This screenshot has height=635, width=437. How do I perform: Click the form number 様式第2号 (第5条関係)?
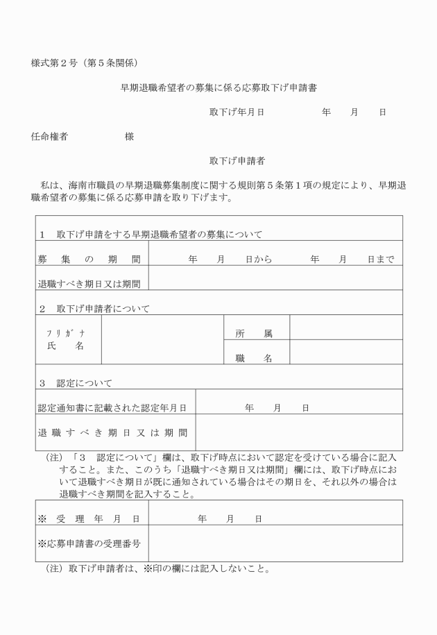click(x=88, y=63)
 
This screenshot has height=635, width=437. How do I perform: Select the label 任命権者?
click(x=49, y=137)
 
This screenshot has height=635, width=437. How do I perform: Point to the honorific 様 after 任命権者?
click(x=129, y=137)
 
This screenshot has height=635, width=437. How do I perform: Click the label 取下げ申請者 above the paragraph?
click(x=237, y=161)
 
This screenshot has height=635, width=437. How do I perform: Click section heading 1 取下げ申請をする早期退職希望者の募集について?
click(x=151, y=235)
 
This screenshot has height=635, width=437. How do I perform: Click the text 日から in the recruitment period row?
click(x=258, y=260)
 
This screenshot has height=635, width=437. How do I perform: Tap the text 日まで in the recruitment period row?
click(x=381, y=260)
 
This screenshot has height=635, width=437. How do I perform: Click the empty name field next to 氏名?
click(x=162, y=339)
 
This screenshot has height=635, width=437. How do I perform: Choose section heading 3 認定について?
click(x=75, y=383)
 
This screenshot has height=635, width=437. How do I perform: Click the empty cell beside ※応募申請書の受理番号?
click(x=275, y=543)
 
